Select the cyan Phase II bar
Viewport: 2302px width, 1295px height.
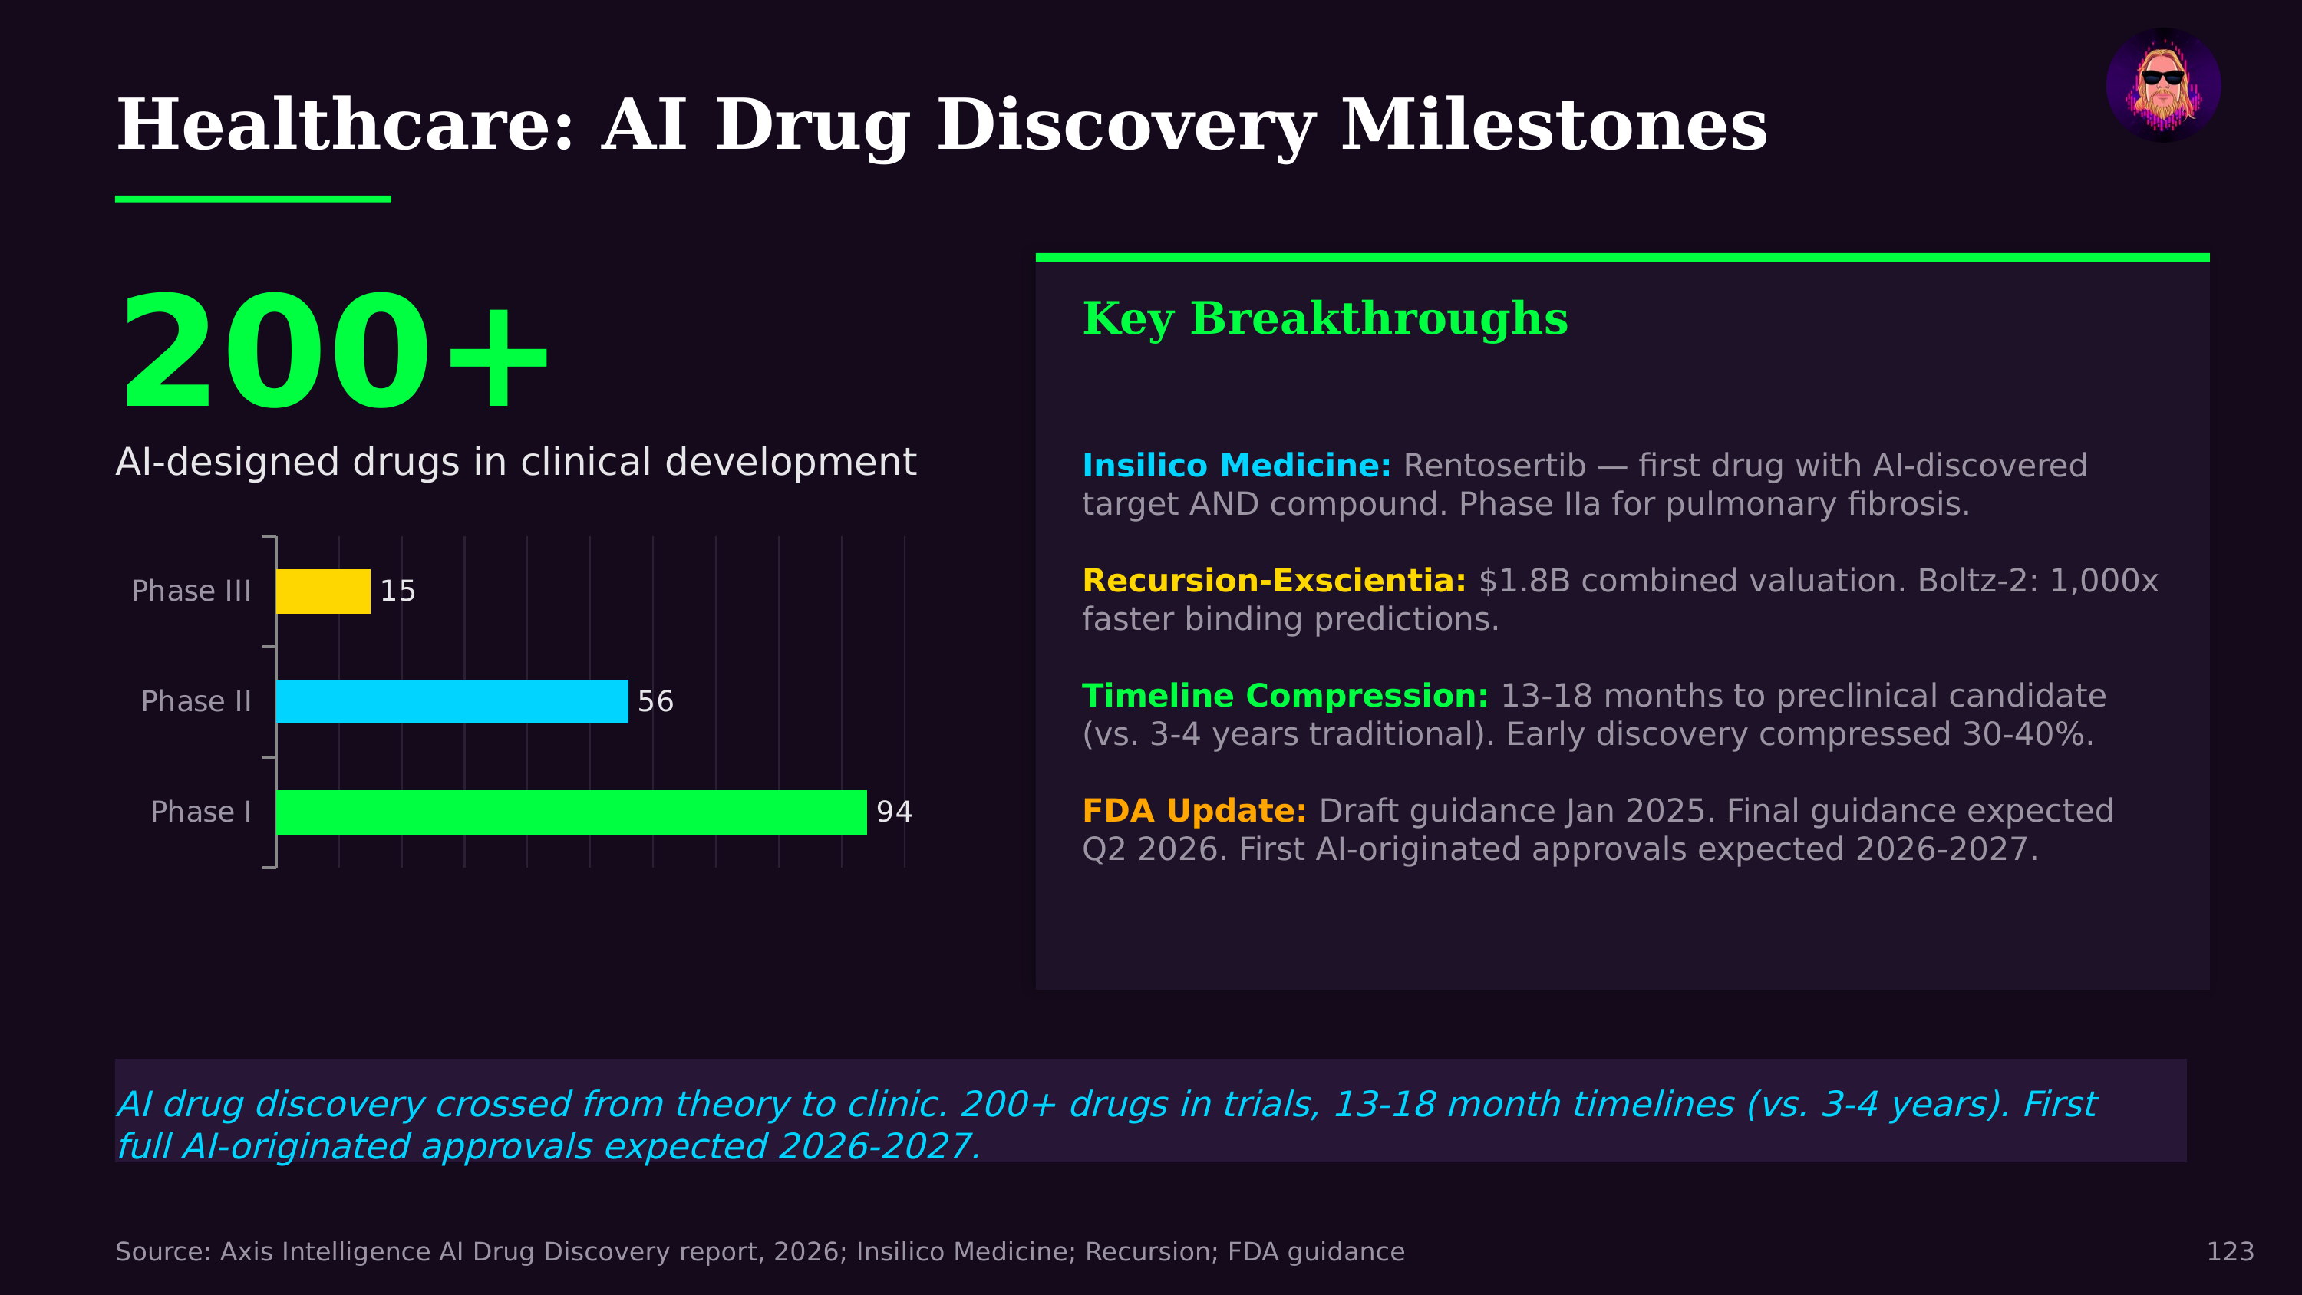[x=451, y=701]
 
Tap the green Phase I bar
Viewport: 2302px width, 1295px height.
[x=571, y=812]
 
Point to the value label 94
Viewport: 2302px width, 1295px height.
[x=894, y=812]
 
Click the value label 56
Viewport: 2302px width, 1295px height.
[x=655, y=701]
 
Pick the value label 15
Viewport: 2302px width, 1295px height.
[x=397, y=591]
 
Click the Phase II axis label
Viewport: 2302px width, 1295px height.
[x=196, y=701]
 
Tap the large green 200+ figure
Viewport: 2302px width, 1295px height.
[x=332, y=353]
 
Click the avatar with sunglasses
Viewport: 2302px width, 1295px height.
[x=2162, y=85]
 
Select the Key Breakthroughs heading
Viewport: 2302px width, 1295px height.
[x=1324, y=318]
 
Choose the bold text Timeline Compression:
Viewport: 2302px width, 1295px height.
[x=1285, y=695]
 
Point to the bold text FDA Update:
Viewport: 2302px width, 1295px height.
[x=1194, y=811]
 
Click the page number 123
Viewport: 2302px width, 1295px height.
[x=2230, y=1251]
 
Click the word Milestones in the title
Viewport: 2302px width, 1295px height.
[x=1553, y=125]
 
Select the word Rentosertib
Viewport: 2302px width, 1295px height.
[x=1493, y=466]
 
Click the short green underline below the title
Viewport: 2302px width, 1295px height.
[x=253, y=199]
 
